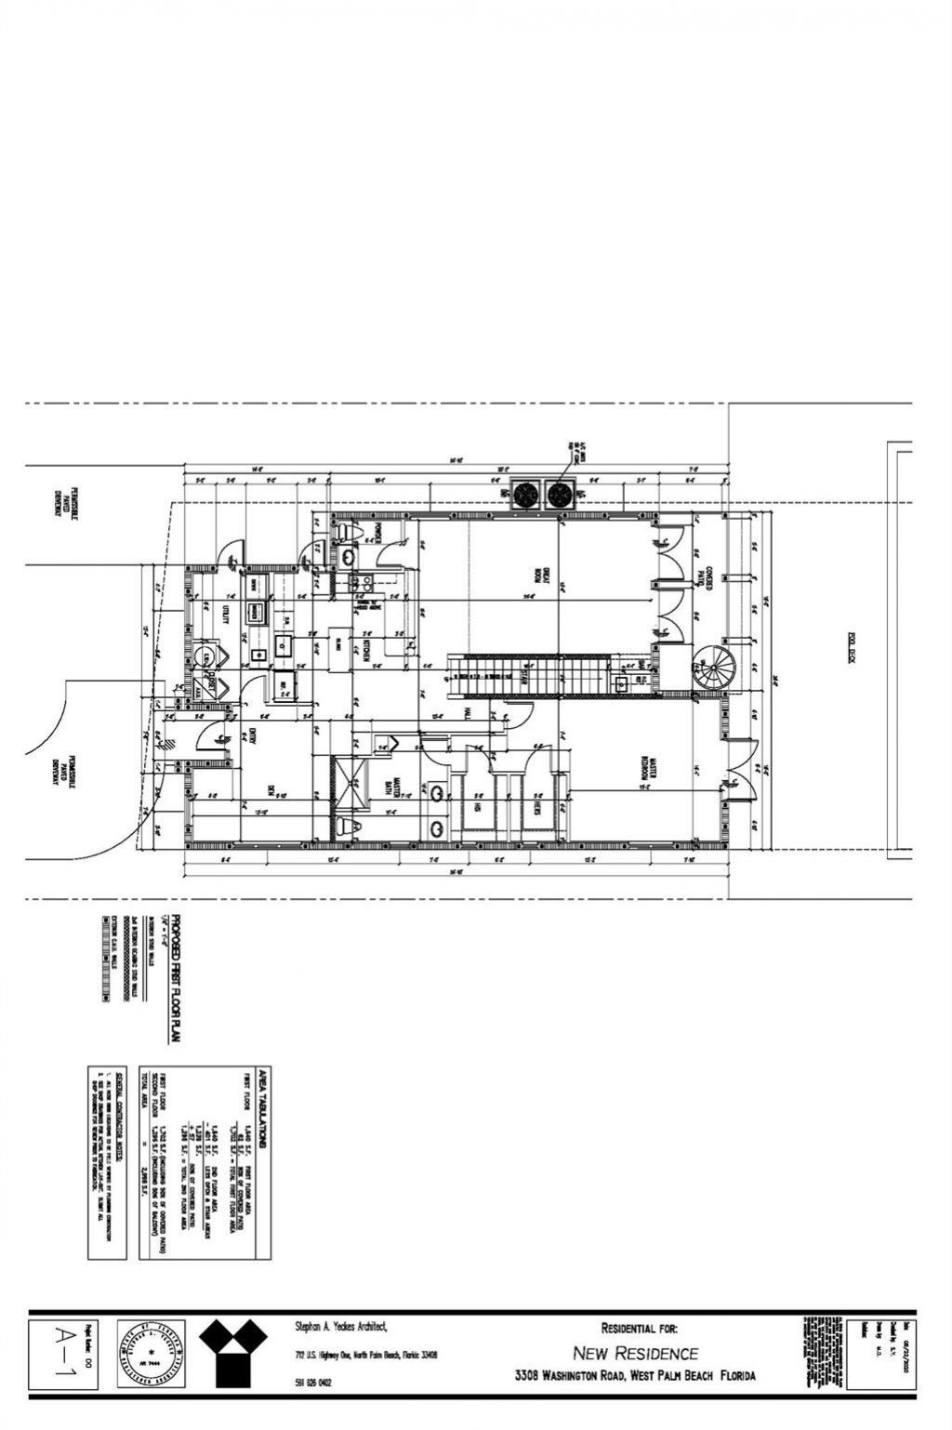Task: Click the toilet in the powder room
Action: coord(347,531)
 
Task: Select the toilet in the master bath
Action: coord(347,825)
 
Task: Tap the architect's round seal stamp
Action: coord(152,1353)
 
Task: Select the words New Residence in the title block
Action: coord(635,1353)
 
